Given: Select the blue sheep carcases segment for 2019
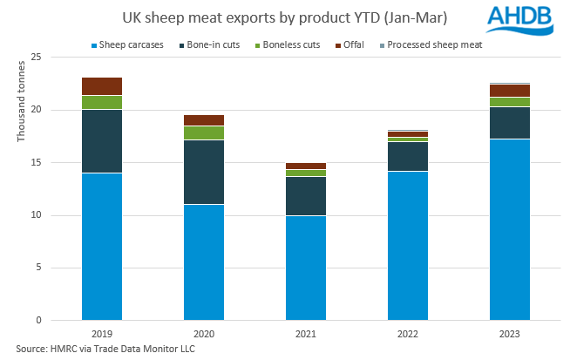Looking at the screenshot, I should pos(102,247).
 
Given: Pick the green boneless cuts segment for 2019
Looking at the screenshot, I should pos(102,102).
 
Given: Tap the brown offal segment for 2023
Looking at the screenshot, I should pos(510,91).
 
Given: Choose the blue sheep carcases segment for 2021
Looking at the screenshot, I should pos(306,268).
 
